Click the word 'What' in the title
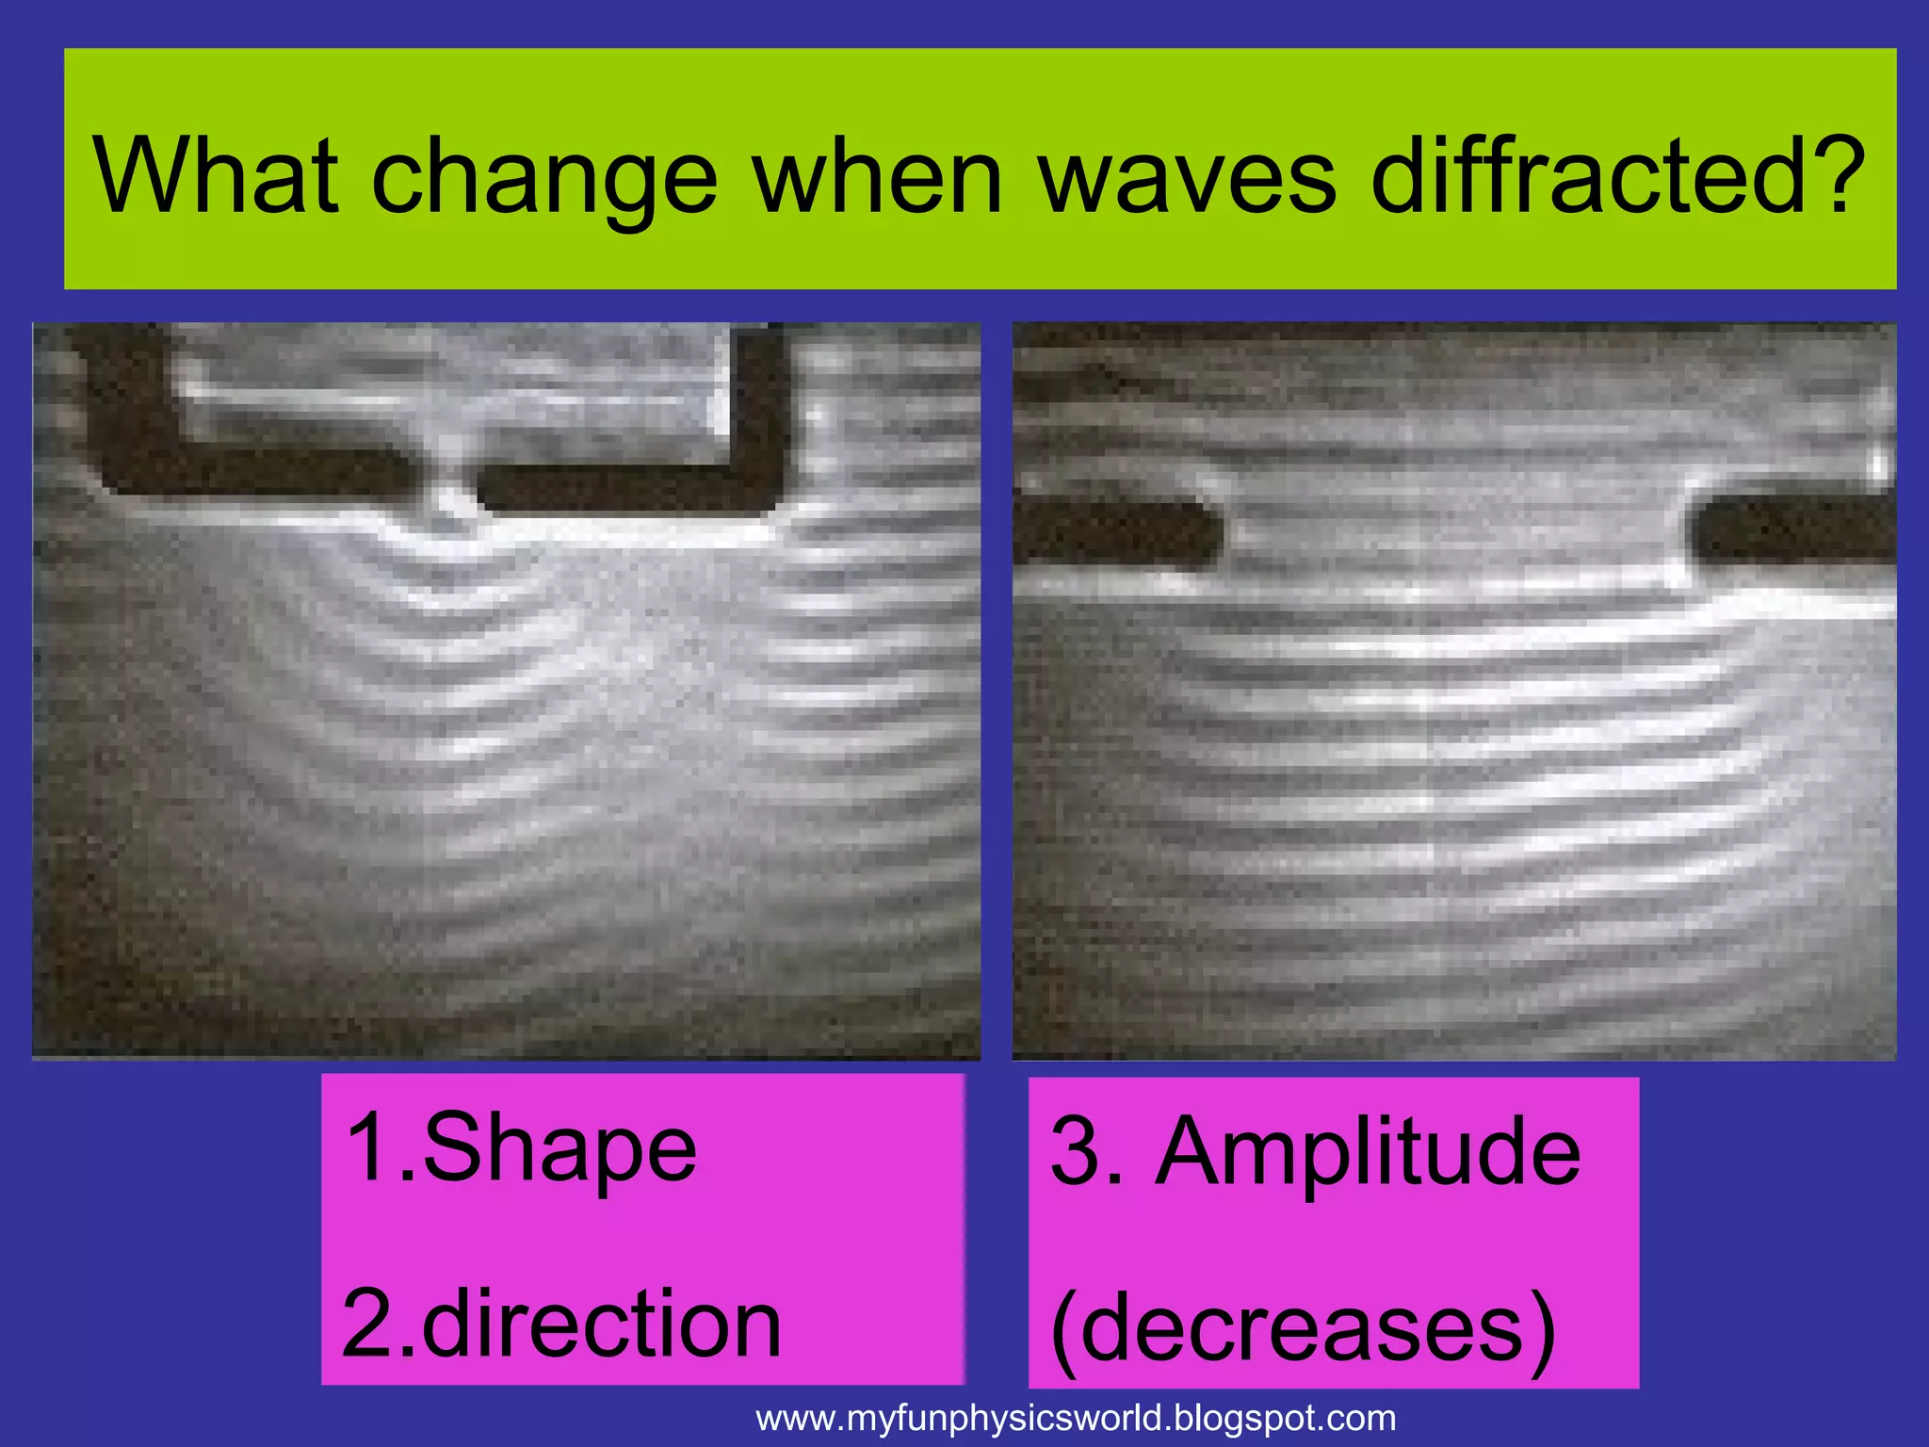tap(215, 176)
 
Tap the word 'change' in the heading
tap(545, 179)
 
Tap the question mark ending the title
tap(1838, 176)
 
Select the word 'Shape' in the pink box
tap(559, 1149)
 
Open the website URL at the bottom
tap(1076, 1418)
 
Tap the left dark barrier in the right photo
tap(1116, 532)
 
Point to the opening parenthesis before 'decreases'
tap(1064, 1328)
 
